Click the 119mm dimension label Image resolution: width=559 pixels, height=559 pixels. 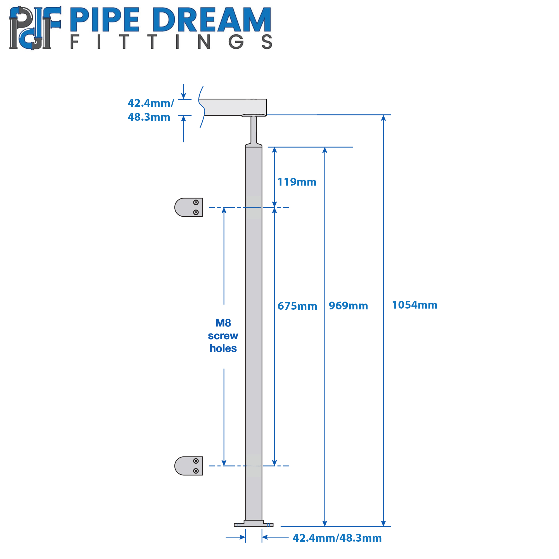click(x=297, y=182)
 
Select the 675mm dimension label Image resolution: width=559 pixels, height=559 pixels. click(x=297, y=306)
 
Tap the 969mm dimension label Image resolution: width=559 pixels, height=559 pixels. click(x=348, y=306)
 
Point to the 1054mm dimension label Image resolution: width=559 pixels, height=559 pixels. click(x=414, y=305)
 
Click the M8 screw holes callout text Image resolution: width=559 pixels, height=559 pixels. click(x=223, y=336)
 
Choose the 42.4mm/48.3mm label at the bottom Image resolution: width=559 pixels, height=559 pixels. click(x=337, y=538)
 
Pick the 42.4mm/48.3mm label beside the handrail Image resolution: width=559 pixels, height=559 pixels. click(x=151, y=110)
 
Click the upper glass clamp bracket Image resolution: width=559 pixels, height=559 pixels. click(x=189, y=207)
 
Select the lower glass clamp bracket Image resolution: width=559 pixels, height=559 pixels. click(x=189, y=466)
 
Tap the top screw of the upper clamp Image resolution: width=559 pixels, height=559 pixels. click(x=196, y=202)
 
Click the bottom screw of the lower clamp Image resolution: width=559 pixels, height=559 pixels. click(x=196, y=471)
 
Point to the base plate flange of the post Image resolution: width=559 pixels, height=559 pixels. click(x=254, y=524)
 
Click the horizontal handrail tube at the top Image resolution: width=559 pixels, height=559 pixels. click(x=233, y=107)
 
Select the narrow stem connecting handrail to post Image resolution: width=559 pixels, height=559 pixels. click(x=254, y=130)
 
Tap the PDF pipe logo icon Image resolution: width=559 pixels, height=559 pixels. click(x=35, y=28)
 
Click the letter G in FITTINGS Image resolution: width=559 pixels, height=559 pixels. click(x=236, y=42)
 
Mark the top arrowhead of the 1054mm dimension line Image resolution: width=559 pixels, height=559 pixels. click(x=383, y=118)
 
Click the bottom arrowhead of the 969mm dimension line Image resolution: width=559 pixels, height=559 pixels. click(x=324, y=524)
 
